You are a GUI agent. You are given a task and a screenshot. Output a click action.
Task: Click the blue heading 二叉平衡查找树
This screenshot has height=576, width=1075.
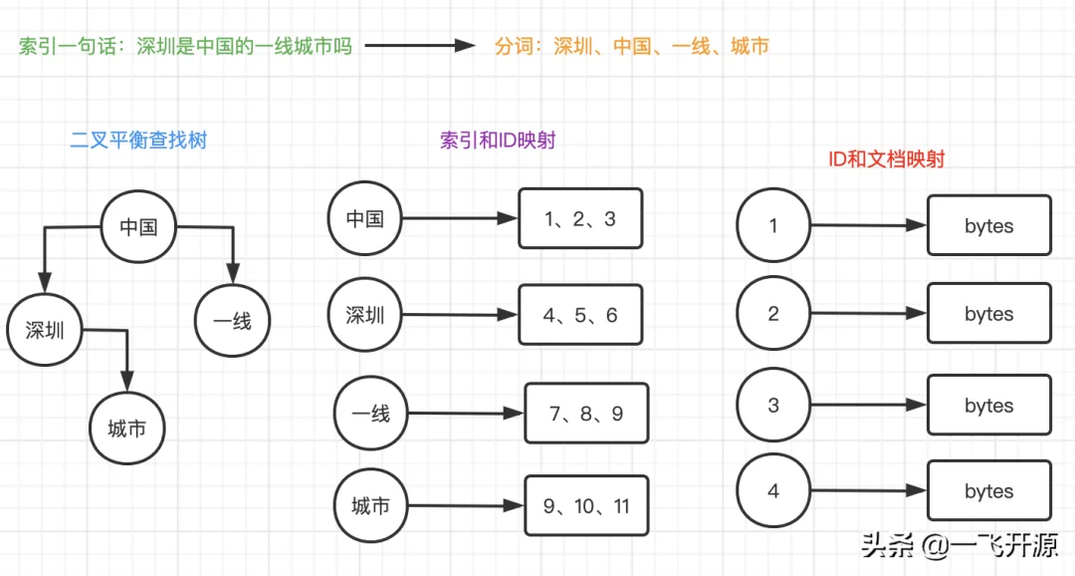point(138,141)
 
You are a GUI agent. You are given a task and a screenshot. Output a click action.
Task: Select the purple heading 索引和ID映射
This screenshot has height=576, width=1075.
point(498,141)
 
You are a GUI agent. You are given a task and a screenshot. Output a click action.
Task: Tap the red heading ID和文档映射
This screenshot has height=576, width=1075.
point(887,158)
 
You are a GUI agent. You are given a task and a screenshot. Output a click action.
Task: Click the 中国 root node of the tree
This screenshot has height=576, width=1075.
point(139,226)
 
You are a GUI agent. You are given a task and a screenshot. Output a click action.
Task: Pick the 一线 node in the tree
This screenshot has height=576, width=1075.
point(232,321)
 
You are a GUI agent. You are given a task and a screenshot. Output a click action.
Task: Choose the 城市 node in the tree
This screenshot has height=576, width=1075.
point(127,429)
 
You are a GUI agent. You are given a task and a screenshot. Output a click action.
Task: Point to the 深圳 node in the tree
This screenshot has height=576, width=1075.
point(45,330)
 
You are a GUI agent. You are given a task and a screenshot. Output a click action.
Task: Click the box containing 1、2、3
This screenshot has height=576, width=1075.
point(580,219)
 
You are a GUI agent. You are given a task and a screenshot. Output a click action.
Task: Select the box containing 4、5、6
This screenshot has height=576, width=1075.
point(580,315)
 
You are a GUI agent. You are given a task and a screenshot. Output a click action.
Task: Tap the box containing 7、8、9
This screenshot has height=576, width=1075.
point(586,413)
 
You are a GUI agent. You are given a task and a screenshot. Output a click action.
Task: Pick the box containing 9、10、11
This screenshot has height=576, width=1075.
point(586,506)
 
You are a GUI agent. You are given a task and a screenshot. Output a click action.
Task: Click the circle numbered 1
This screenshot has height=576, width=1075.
point(774,225)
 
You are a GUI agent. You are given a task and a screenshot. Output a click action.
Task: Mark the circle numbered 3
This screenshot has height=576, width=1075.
point(774,406)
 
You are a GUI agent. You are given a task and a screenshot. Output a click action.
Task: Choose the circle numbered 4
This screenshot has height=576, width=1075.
point(774,491)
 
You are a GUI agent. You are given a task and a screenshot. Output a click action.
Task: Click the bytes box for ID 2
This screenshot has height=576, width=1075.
point(988,315)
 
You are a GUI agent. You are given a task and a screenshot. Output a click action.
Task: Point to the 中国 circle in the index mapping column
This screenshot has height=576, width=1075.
point(364,218)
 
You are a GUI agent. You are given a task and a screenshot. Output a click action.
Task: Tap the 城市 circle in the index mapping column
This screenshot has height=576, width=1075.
point(371,506)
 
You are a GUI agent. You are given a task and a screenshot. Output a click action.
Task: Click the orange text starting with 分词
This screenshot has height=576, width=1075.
point(632,46)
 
